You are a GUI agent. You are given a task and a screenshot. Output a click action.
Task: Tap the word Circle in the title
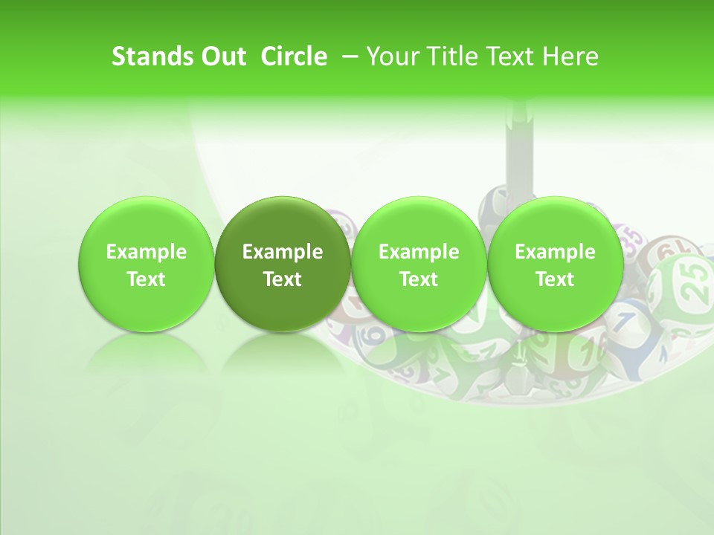pos(294,56)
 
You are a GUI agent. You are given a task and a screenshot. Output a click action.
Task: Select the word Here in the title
pos(570,56)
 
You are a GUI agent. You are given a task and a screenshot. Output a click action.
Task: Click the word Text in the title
pos(506,56)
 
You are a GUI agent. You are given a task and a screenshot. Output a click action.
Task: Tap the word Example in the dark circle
pos(283,252)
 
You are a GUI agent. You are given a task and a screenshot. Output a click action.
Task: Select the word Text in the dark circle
pos(283,279)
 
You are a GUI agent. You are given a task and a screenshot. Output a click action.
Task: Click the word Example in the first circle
pos(147,252)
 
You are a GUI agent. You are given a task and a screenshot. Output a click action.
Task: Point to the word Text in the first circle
pos(147,279)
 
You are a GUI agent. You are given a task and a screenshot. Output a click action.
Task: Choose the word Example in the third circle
pos(419,252)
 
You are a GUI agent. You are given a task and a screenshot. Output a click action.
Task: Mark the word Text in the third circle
pos(419,279)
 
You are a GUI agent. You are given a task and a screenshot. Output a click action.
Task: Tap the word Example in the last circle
pos(555,252)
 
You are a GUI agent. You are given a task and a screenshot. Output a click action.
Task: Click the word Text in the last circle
pos(555,279)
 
